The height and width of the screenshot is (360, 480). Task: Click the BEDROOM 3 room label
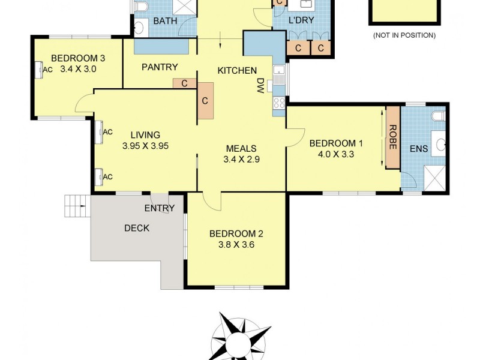pyautogui.click(x=78, y=58)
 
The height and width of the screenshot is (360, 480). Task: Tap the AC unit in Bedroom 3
pyautogui.click(x=40, y=70)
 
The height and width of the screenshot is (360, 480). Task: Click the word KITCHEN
pyautogui.click(x=236, y=70)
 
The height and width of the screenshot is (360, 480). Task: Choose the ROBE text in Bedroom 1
pyautogui.click(x=393, y=136)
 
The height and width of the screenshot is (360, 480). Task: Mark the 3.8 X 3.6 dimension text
pyautogui.click(x=236, y=244)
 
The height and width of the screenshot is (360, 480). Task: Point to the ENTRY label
pyautogui.click(x=159, y=208)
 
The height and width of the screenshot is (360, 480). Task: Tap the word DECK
pyautogui.click(x=136, y=227)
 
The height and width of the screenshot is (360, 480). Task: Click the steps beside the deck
pyautogui.click(x=77, y=206)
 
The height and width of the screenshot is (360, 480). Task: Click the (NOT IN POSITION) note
pyautogui.click(x=404, y=35)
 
